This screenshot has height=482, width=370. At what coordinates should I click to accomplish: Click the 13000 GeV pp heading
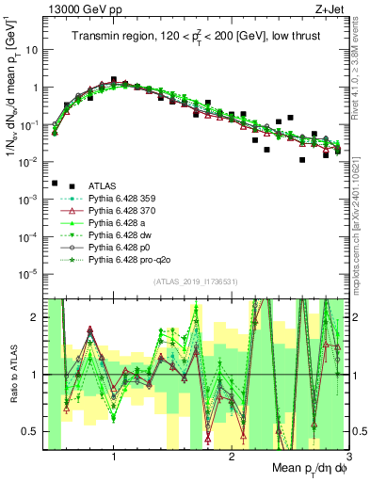coord(72,8)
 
